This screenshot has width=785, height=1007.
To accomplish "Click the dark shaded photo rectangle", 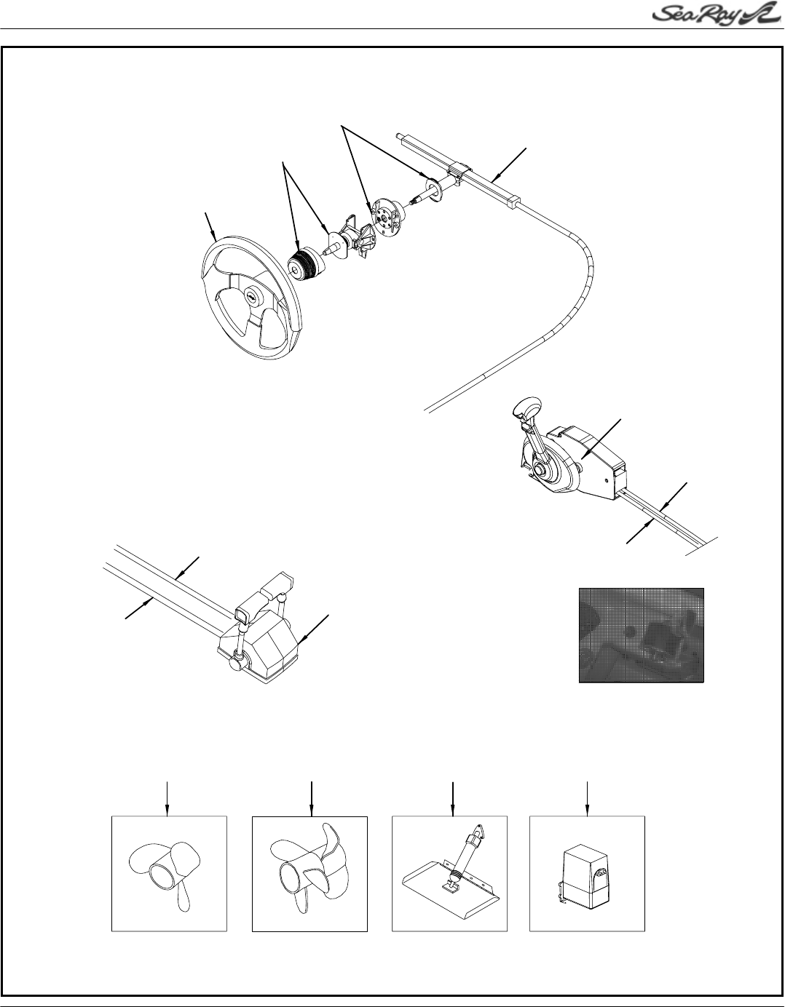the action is click(641, 634).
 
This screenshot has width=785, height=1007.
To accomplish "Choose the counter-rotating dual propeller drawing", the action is click(309, 873).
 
